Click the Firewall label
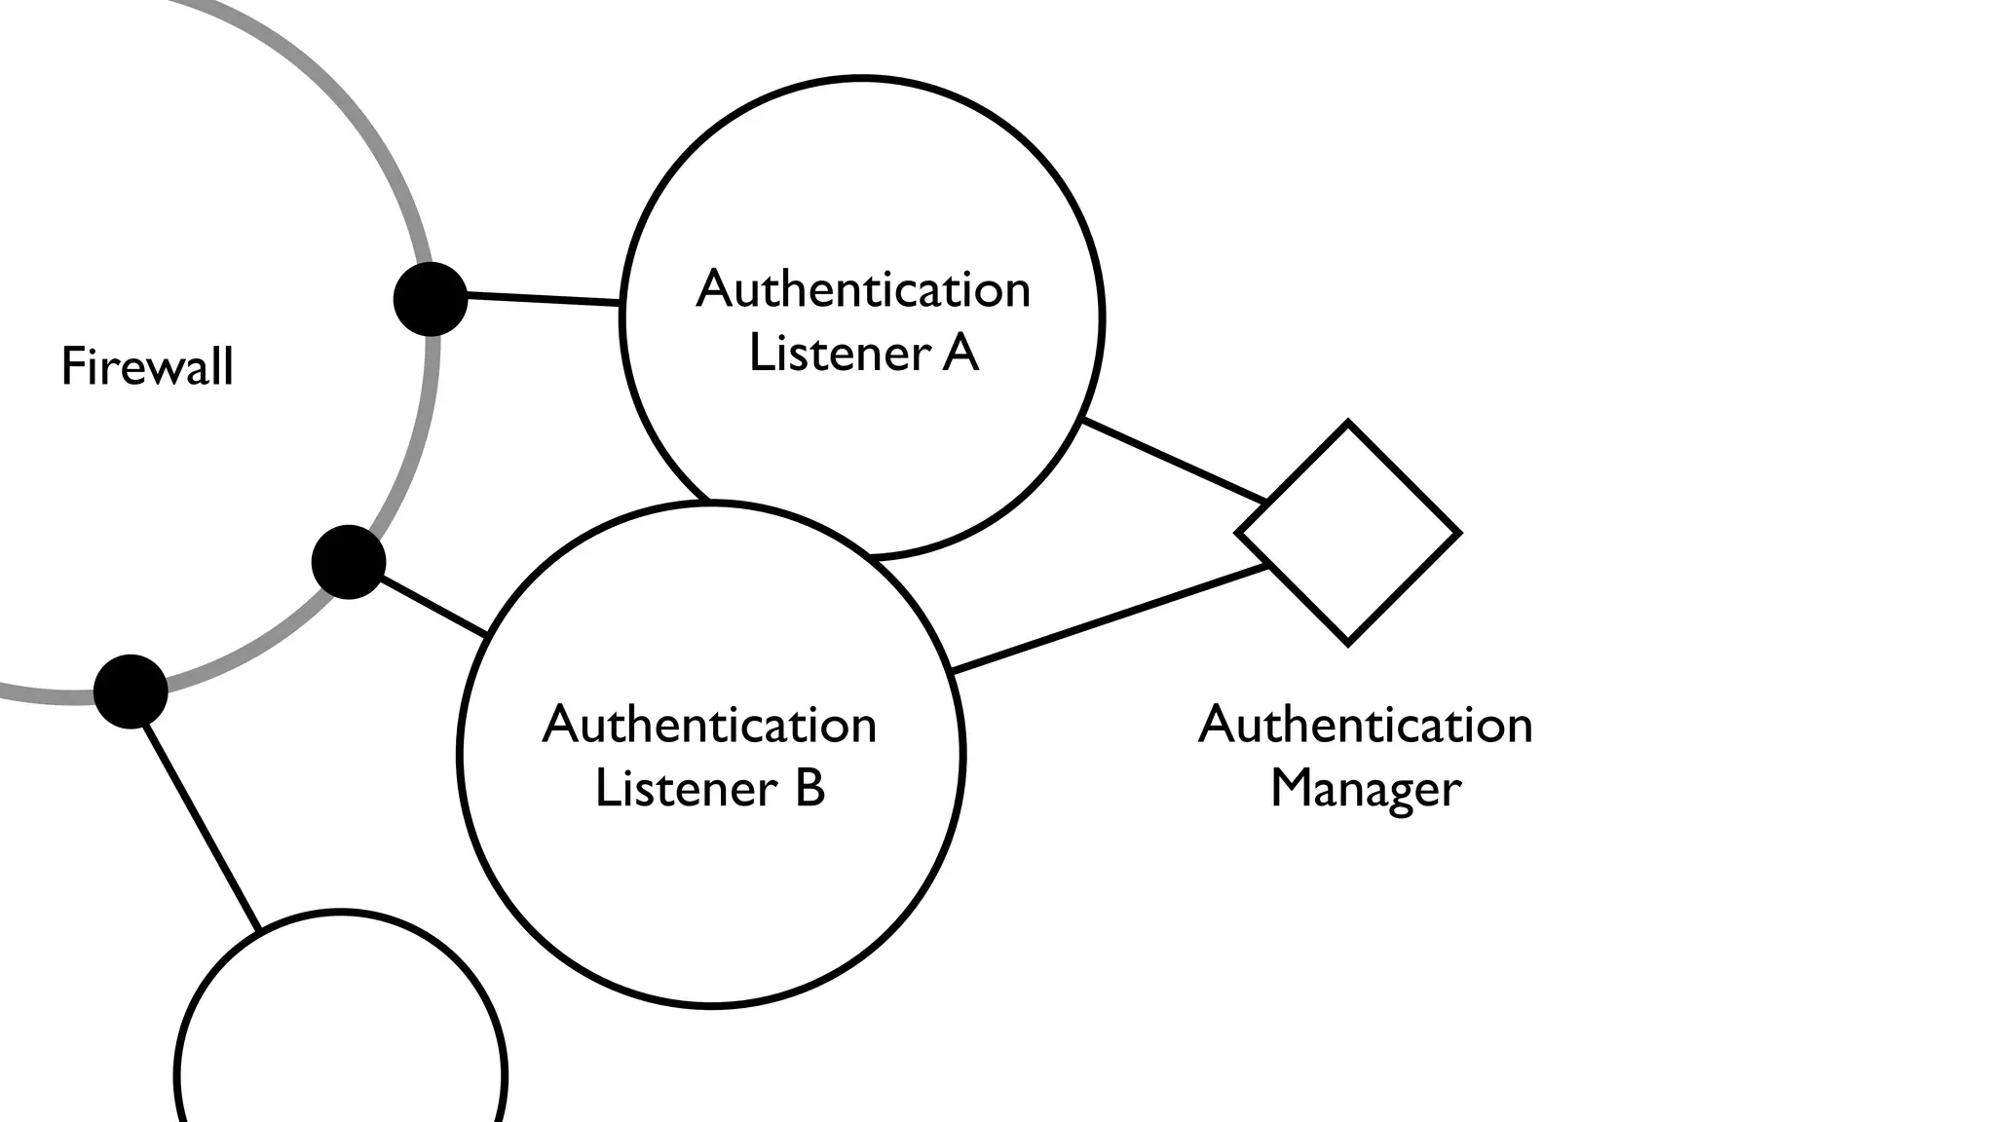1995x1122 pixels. (x=147, y=367)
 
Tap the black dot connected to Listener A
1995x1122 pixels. (x=431, y=299)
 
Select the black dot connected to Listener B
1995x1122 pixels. (x=349, y=562)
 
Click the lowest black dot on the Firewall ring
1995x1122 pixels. (x=131, y=691)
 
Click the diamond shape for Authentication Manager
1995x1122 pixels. (x=1348, y=534)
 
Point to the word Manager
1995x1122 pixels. (x=1366, y=788)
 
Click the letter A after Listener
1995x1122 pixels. (x=960, y=353)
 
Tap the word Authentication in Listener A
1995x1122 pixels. (x=863, y=289)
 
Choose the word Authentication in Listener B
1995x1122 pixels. (x=709, y=725)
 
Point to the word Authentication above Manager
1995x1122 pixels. (x=1366, y=725)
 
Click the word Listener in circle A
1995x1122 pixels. (x=838, y=353)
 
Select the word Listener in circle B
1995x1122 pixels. (x=686, y=788)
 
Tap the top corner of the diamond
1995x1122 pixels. (x=1348, y=425)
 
